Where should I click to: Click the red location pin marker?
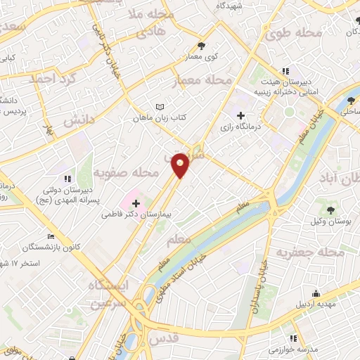tap(181, 165)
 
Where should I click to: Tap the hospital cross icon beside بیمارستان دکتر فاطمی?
tap(136, 202)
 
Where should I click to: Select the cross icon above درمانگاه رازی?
tap(240, 115)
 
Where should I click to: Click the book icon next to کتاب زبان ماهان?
tap(159, 108)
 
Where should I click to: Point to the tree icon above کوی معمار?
tap(202, 44)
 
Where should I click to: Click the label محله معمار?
tap(201, 82)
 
